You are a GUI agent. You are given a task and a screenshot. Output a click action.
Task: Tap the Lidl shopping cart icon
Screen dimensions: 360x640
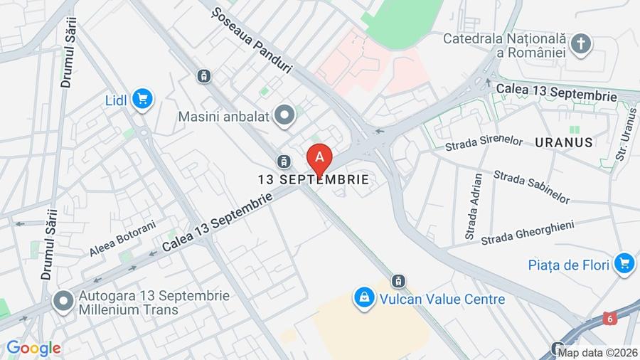[143, 99]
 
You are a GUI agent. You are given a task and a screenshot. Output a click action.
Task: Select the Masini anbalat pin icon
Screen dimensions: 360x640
[285, 115]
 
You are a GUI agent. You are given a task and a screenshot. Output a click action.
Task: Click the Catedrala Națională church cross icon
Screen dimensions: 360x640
[582, 43]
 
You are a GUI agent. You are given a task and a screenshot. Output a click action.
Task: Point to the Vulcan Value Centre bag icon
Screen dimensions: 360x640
[363, 298]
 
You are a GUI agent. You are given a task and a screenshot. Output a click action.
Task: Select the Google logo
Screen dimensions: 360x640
[33, 349]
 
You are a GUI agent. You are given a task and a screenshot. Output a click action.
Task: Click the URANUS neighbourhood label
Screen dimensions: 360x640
[564, 142]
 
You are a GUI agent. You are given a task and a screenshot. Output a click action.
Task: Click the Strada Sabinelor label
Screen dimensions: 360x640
[531, 186]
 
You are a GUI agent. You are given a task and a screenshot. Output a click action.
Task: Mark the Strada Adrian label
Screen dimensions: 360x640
[474, 206]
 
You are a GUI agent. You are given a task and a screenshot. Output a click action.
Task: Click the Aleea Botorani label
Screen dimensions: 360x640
[122, 239]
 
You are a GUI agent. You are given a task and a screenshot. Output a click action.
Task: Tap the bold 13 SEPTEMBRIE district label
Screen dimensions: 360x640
[314, 180]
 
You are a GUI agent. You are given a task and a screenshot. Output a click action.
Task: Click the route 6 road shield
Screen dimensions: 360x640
[609, 318]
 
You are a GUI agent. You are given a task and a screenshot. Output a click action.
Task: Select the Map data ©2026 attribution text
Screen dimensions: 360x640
[597, 352]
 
